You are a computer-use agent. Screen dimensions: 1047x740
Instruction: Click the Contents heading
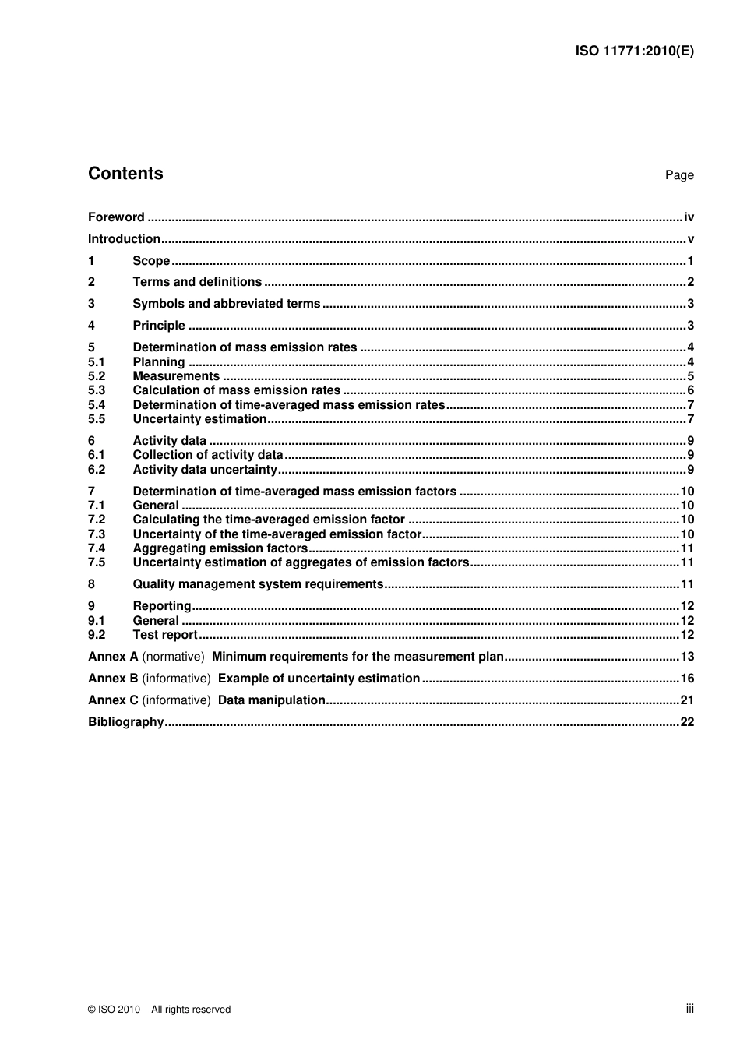coord(125,174)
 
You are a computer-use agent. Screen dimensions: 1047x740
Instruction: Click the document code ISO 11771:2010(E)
coord(634,51)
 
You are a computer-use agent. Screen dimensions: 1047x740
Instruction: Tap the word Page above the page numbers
coord(679,175)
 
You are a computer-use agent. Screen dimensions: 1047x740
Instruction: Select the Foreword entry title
coord(116,217)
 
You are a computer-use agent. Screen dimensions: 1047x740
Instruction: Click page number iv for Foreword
coord(689,217)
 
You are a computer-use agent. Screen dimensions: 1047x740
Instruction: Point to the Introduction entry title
coord(124,239)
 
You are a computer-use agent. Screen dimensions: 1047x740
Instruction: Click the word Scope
coord(151,261)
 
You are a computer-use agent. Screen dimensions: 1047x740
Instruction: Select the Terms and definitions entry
coord(197,282)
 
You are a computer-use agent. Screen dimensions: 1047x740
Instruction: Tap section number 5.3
coord(97,390)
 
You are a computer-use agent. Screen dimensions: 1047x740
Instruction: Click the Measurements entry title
coord(176,376)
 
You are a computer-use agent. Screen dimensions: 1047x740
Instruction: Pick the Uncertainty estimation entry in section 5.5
coord(199,419)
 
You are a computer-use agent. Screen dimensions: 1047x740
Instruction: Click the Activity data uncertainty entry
coord(205,470)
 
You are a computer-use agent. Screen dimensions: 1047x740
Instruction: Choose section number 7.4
coord(97,548)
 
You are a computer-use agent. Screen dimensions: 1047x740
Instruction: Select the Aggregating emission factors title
coord(220,548)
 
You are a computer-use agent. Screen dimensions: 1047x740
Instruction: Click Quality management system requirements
coord(258,584)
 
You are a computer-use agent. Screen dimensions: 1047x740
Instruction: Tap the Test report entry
coord(165,635)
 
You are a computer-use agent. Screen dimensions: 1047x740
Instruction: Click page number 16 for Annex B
coord(687,679)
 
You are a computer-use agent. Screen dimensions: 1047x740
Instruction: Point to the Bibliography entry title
coord(126,722)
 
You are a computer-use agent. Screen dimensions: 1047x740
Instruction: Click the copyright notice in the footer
coord(160,1010)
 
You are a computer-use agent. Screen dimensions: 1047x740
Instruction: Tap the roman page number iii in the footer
coord(689,1009)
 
